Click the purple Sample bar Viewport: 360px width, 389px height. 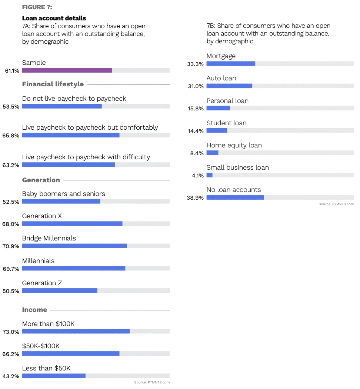(67, 70)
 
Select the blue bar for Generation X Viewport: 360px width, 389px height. (72, 224)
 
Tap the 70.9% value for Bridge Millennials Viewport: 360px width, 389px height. (11, 246)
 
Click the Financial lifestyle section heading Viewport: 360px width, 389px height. (53, 84)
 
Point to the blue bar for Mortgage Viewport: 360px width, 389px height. (231, 64)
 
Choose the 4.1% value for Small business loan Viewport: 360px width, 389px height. (198, 176)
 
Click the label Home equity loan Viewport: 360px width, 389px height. (234, 145)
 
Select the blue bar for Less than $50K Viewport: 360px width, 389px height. (54, 376)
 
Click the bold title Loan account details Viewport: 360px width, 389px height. (54, 18)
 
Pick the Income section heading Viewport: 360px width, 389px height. (34, 310)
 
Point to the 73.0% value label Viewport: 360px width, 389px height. (11, 332)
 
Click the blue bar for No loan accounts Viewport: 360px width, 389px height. (235, 197)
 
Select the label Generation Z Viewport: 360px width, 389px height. (42, 283)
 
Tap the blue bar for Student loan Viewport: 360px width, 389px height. (217, 130)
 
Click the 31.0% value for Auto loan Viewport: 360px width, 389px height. (196, 86)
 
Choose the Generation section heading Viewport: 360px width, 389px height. (41, 180)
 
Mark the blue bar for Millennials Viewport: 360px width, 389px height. (74, 268)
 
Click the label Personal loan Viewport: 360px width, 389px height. (227, 101)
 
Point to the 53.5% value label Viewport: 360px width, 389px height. (11, 107)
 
